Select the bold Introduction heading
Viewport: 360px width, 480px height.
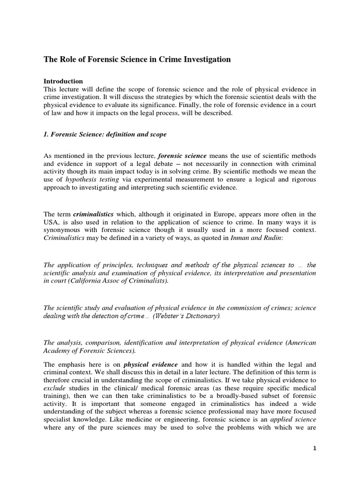pyautogui.click(x=63, y=81)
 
